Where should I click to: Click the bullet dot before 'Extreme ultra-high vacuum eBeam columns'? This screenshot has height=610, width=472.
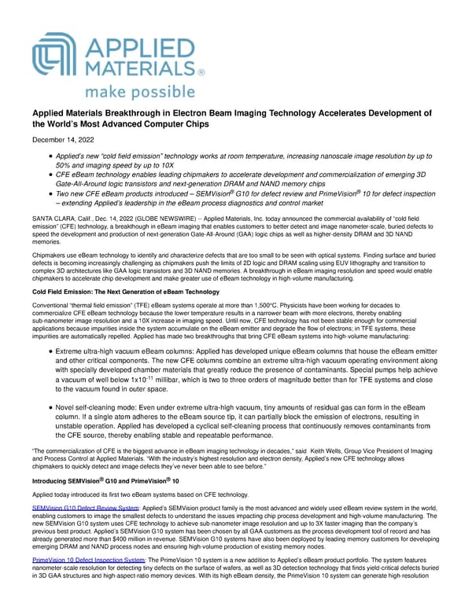(x=50, y=348)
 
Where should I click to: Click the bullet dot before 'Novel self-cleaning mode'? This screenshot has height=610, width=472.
(x=50, y=406)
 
